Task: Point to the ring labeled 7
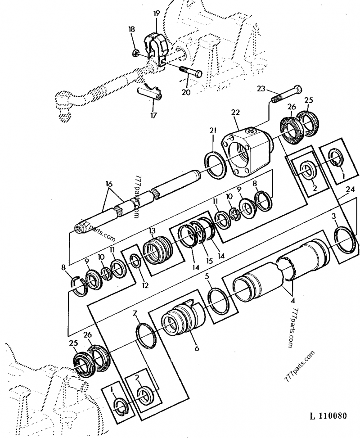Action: tap(147, 335)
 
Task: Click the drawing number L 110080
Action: tap(327, 415)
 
